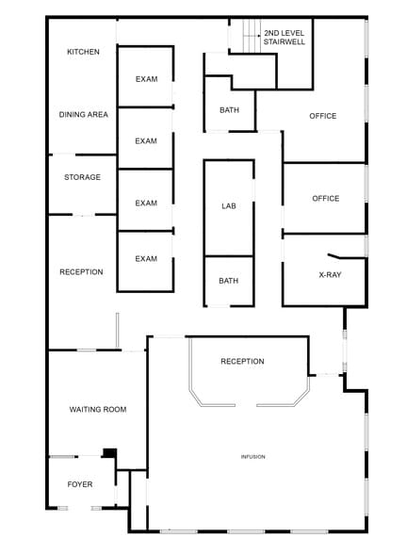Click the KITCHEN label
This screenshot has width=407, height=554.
[83, 52]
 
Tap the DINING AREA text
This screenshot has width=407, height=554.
[84, 115]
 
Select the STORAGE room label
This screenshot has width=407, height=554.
[82, 177]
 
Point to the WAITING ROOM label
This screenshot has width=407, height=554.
[98, 409]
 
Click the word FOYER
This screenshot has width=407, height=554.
[80, 484]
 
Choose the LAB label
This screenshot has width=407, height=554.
[229, 205]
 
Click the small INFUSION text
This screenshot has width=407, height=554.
[252, 457]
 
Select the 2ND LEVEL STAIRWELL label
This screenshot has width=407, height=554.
[284, 37]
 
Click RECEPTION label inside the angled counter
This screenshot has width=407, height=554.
[242, 362]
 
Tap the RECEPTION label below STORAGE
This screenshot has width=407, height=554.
[81, 272]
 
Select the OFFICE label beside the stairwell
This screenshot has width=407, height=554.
[323, 116]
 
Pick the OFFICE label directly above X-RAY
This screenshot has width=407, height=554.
[325, 199]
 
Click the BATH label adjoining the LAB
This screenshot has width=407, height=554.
[229, 281]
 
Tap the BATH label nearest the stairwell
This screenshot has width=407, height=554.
[229, 110]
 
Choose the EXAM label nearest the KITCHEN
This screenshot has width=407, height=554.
[146, 79]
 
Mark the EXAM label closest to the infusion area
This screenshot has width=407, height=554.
[146, 259]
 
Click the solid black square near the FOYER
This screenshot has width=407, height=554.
[109, 453]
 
